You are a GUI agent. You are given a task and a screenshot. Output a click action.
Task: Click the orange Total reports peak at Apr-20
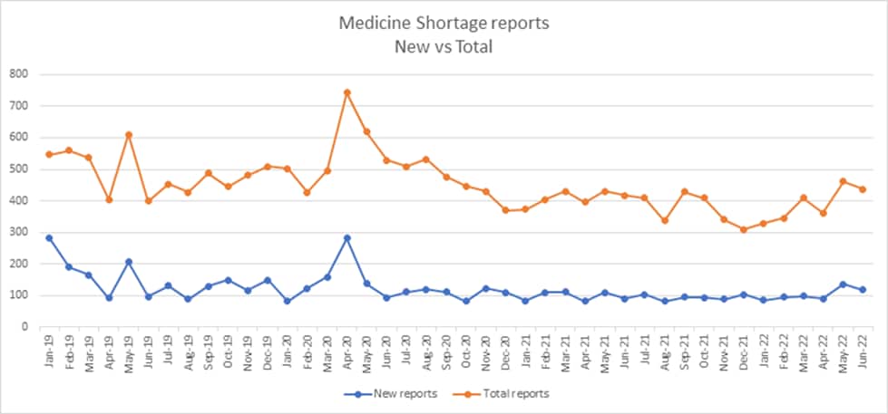pos(346,92)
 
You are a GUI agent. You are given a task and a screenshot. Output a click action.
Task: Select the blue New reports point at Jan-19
pos(49,238)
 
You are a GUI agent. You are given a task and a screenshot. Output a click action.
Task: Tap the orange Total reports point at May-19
pos(129,135)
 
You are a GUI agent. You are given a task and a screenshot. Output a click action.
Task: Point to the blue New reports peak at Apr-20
pos(346,238)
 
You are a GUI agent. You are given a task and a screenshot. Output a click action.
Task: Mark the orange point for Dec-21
pos(744,229)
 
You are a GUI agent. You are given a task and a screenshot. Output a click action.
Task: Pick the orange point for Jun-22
pos(863,189)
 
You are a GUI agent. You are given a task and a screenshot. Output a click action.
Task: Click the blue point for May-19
pos(129,262)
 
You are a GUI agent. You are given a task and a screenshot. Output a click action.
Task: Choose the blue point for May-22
pos(843,284)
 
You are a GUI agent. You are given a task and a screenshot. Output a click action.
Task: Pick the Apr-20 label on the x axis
pos(346,349)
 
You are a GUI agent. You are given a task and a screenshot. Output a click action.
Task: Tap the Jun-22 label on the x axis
pos(862,349)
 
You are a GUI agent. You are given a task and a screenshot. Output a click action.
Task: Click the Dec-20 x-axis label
pos(504,349)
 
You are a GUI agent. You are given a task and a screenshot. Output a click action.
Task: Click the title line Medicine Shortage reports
pos(444,23)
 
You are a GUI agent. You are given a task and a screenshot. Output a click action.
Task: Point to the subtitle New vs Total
pos(444,46)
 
